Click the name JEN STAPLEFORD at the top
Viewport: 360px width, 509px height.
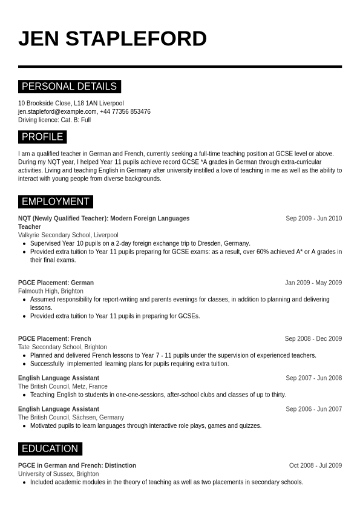pos(113,39)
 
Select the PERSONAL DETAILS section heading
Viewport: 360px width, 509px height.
pos(69,87)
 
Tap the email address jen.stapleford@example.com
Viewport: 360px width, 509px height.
pos(57,111)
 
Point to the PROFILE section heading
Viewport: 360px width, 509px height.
pos(42,137)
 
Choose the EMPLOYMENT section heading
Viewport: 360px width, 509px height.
pos(55,202)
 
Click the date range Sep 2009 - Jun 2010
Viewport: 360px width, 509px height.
pos(313,218)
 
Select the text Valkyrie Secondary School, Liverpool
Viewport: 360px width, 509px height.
pos(68,235)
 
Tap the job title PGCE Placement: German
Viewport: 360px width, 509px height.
pos(56,283)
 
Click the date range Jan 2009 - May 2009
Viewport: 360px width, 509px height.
pos(313,283)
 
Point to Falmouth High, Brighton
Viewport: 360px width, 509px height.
pos(51,291)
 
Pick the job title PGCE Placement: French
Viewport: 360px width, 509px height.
pos(54,339)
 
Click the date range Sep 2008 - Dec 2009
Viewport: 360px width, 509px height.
pos(313,339)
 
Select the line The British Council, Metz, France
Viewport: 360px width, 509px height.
pos(63,386)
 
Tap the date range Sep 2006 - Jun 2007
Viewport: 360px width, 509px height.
pos(313,409)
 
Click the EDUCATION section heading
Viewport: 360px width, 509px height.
pos(50,448)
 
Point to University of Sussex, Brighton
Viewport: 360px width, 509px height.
pos(59,474)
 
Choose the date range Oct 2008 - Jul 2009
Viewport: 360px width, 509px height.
pos(315,465)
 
